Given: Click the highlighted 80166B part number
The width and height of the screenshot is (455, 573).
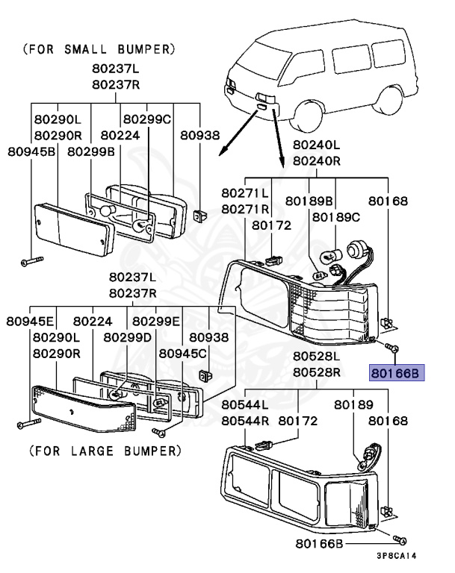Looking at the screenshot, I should pos(397,371).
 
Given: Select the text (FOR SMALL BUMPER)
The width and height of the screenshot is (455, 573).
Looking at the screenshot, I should pos(99,51).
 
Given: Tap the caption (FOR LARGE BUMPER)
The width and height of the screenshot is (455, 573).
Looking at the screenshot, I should pos(105,451).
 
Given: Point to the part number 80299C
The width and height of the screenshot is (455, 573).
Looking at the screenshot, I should pos(147,119).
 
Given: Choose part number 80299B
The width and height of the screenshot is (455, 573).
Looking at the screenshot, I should pos(91,151).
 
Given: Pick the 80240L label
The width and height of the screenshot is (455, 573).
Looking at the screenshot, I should pos(316,145).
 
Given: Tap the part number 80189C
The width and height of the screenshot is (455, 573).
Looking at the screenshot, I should pos(336,216).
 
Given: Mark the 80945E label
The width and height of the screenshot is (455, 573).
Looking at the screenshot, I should pos(31,322).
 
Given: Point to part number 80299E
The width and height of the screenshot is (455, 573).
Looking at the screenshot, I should pos(156,322).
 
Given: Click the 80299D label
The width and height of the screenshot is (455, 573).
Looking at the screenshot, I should pos(127,337).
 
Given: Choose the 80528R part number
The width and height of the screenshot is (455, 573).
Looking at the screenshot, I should pos(316,372).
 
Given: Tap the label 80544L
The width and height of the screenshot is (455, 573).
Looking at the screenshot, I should pos(245,404).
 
